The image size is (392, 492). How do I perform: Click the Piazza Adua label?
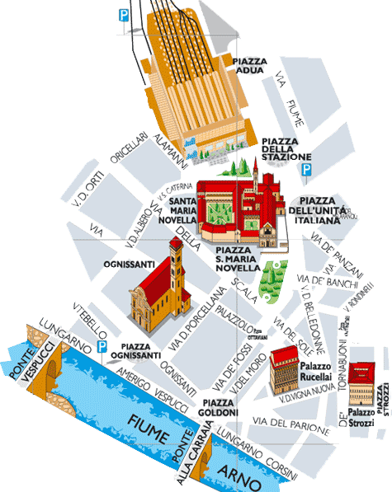click(x=251, y=66)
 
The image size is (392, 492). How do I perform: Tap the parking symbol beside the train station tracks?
click(x=124, y=14)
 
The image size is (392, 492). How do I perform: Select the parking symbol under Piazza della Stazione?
click(x=306, y=170)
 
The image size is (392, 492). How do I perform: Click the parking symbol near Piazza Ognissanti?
click(x=103, y=348)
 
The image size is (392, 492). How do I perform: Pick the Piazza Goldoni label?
click(x=220, y=407)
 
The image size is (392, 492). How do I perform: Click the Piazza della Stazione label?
click(x=286, y=148)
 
